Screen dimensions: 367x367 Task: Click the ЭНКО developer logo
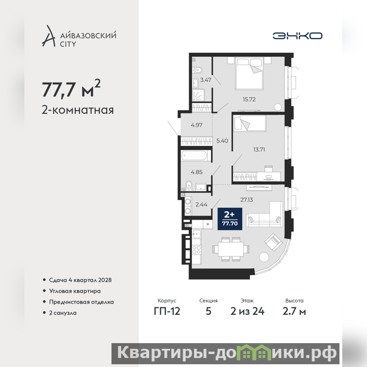(297, 36)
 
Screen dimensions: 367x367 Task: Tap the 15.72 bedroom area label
(249, 99)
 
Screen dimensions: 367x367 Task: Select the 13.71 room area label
(259, 150)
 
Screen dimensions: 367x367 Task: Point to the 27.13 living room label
(246, 200)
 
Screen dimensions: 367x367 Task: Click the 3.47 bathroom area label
(206, 80)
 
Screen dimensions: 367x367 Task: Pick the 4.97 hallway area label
(196, 125)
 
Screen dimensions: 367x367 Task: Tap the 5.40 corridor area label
(222, 141)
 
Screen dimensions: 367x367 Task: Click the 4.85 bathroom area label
(196, 172)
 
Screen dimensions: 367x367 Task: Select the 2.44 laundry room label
(201, 204)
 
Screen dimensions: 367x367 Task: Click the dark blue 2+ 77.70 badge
(230, 219)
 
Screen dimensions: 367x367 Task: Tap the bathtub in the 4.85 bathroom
(196, 156)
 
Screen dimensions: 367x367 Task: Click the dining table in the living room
(231, 249)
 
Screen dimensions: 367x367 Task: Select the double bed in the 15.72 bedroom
(249, 73)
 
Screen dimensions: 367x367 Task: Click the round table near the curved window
(265, 257)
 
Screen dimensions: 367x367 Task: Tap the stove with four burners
(196, 250)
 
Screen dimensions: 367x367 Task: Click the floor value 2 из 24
(247, 311)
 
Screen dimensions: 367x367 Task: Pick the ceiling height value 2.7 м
(294, 311)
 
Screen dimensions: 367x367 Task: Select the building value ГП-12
(167, 311)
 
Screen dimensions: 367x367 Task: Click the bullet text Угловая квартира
(75, 291)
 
